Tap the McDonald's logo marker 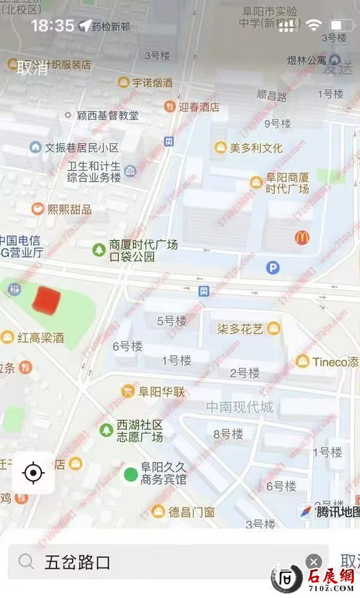click(x=302, y=238)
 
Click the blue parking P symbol click(x=273, y=268)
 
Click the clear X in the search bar click(x=313, y=561)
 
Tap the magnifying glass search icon click(x=26, y=561)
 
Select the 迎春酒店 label click(x=199, y=107)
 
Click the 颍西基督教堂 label click(x=107, y=115)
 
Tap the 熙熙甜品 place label click(x=69, y=209)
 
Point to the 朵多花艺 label click(x=240, y=329)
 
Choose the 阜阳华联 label click(x=162, y=392)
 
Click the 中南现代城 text click(x=239, y=408)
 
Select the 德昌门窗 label click(x=191, y=512)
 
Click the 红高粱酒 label click(x=40, y=338)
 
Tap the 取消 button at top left click(x=32, y=67)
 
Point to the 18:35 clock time click(x=52, y=25)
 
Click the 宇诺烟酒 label click(x=152, y=83)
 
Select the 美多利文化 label click(x=256, y=148)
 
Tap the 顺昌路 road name click(x=272, y=95)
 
